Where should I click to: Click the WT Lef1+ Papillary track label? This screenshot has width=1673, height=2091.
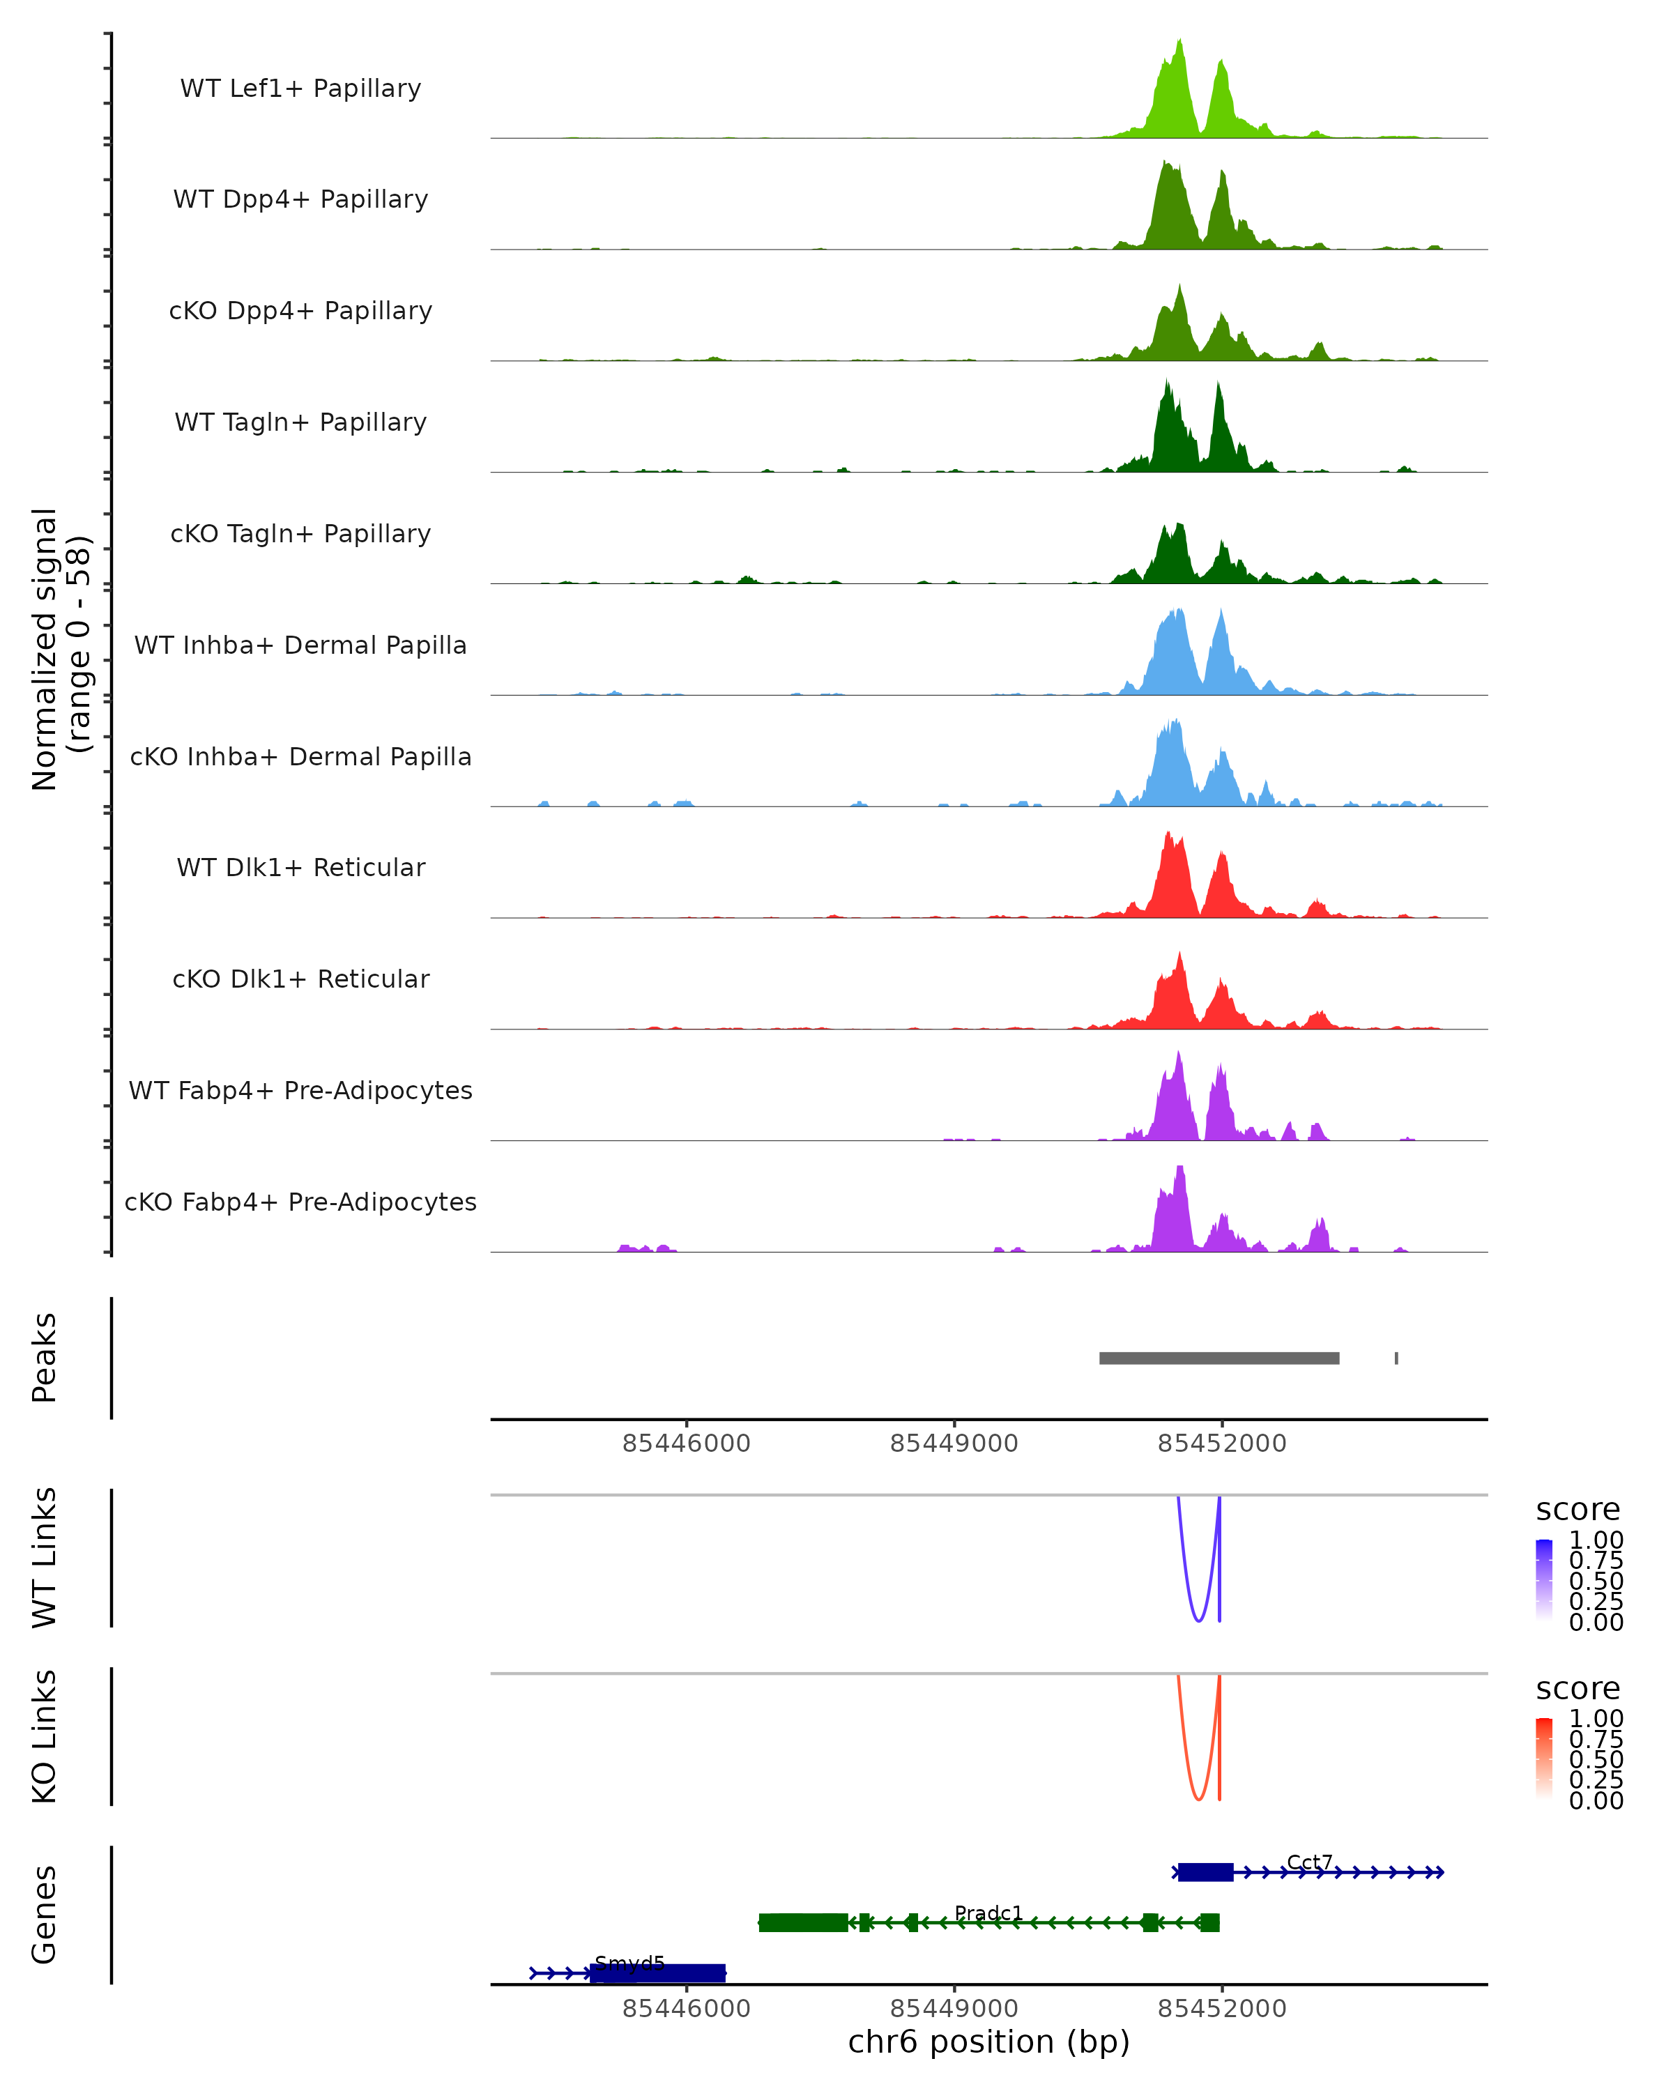click(x=300, y=89)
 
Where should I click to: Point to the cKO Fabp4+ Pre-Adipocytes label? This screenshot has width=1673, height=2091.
click(x=300, y=1202)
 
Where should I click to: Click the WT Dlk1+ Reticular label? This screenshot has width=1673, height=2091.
click(x=300, y=867)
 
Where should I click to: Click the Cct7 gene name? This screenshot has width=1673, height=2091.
click(x=1309, y=1862)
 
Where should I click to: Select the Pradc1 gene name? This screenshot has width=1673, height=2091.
click(x=988, y=1913)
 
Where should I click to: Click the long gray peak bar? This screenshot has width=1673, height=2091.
click(x=1219, y=1358)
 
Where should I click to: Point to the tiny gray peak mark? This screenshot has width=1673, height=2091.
click(x=1396, y=1358)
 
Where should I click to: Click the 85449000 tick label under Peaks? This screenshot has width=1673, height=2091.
click(x=954, y=1443)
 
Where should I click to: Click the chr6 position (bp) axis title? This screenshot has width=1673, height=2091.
click(x=988, y=2042)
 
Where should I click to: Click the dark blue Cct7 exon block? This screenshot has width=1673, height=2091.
click(x=1205, y=1872)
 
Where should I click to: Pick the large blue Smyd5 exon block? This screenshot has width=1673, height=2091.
click(x=657, y=1973)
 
